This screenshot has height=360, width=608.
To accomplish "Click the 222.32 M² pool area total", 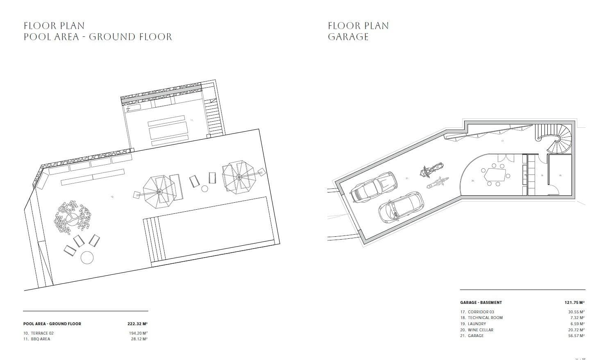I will tap(137, 324).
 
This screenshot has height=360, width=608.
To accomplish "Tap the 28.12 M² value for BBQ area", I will tap(138, 339).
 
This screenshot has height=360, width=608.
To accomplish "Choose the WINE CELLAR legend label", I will tap(477, 330).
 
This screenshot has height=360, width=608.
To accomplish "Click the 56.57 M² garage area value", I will tap(577, 336).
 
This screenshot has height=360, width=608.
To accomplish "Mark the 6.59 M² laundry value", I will tap(577, 324).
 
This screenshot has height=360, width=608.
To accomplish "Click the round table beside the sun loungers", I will tap(87, 257).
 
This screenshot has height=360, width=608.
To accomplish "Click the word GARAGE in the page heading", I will tap(348, 37).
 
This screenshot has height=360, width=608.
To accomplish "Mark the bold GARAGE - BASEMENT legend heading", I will tap(481, 303).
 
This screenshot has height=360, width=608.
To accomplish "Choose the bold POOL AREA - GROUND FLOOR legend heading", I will tap(52, 324).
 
